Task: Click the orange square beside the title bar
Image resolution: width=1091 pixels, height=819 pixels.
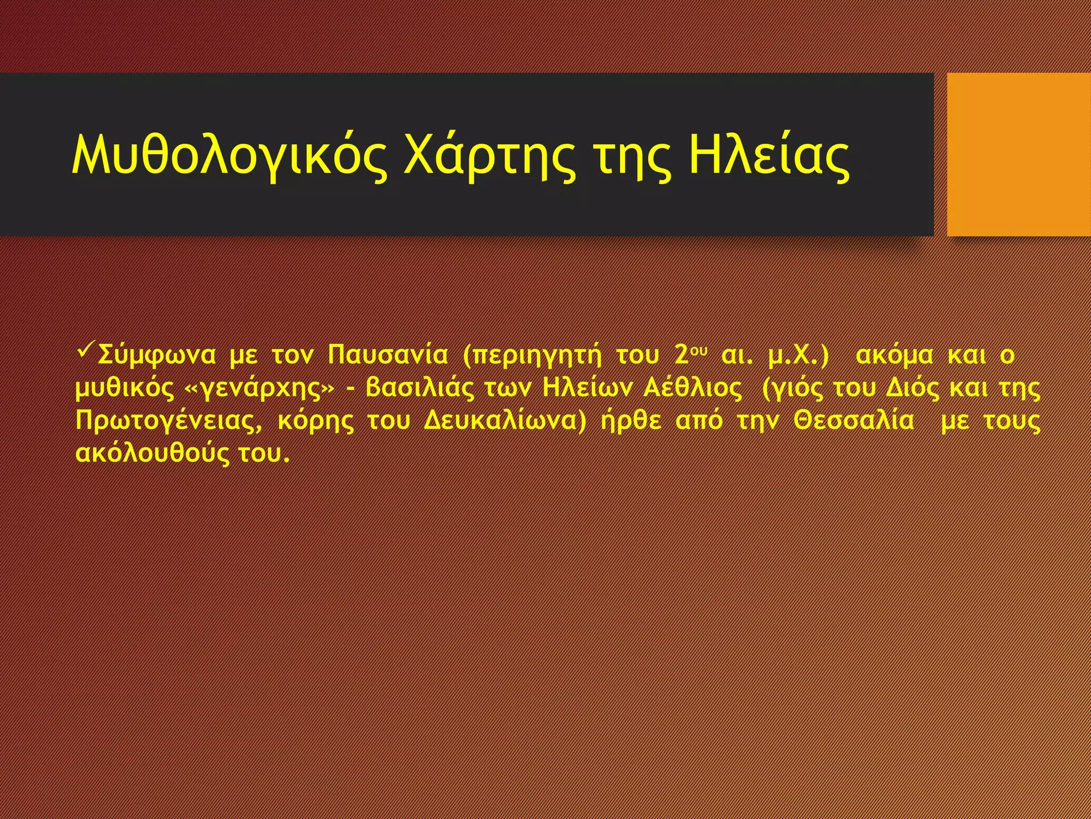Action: coord(1019,154)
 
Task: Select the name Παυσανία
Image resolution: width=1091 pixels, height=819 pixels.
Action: coord(388,355)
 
